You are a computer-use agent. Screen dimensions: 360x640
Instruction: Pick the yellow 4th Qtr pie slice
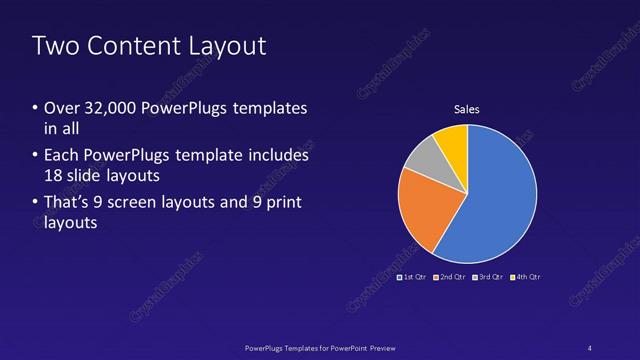tap(453, 142)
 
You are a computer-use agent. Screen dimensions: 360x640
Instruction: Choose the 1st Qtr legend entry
tap(414, 276)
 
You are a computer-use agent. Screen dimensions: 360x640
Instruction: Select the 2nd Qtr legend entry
tap(450, 276)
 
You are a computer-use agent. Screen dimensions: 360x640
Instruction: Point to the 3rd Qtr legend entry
tap(487, 276)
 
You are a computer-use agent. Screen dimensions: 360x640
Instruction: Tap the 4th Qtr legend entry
tap(525, 276)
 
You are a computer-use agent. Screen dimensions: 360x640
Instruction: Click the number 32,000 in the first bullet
tap(113, 107)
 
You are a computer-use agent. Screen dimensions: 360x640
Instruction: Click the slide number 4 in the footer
tap(589, 347)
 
